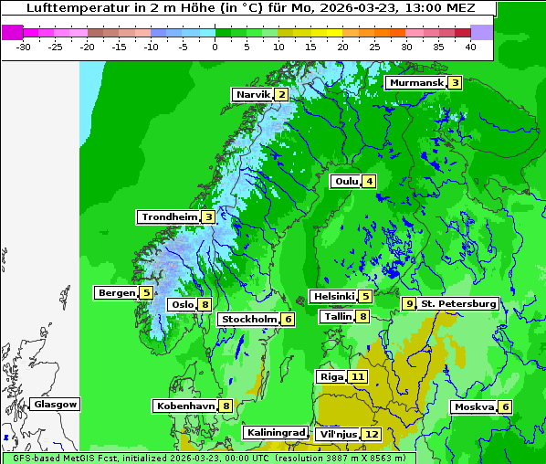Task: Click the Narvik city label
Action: (253, 95)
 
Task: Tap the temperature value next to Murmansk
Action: (455, 83)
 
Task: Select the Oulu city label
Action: (346, 181)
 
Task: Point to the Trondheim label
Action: (169, 217)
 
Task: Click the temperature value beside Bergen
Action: (146, 293)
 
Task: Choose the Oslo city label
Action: (182, 305)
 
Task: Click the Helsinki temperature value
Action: (365, 296)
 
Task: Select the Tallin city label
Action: (338, 317)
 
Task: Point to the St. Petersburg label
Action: (458, 303)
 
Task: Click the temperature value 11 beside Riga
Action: (357, 376)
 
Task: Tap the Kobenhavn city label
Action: (185, 406)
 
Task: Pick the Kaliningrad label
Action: (274, 432)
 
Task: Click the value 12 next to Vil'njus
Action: (371, 434)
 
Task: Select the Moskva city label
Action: (474, 407)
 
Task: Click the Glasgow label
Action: (55, 404)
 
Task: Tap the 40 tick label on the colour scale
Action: (470, 47)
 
